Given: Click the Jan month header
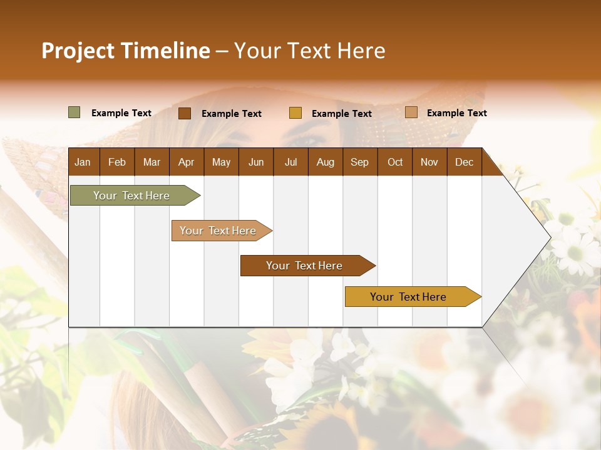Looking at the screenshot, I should (x=83, y=162).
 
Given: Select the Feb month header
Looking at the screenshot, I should (x=117, y=162).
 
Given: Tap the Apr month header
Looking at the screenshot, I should (x=186, y=162).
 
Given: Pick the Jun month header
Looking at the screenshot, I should (x=256, y=162).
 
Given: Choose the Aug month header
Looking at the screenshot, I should (x=325, y=162).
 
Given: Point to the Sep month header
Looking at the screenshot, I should (x=359, y=162).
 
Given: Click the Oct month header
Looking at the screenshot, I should (x=395, y=162).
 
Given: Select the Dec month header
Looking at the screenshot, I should (x=464, y=162).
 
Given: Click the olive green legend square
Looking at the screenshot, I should (x=74, y=112).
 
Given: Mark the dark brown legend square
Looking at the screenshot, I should (x=185, y=113).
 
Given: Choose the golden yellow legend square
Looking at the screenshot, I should (x=295, y=113).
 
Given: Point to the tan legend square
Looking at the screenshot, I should (x=411, y=112).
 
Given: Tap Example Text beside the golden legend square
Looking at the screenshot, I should (x=341, y=114).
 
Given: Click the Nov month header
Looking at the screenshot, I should (x=429, y=162).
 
